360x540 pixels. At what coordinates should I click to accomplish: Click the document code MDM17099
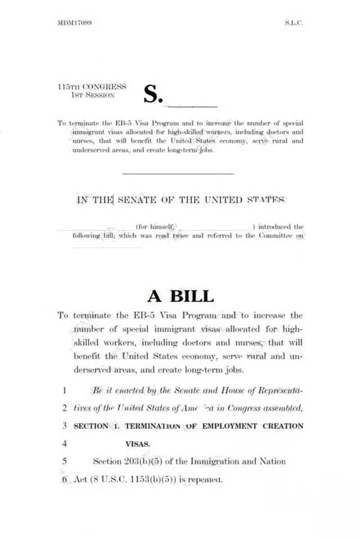point(74,23)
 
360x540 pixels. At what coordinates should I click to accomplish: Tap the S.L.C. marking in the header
point(294,23)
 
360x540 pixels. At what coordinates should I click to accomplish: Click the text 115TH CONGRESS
point(92,87)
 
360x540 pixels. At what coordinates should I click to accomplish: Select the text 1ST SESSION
point(92,95)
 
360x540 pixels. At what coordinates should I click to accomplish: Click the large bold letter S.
point(153,94)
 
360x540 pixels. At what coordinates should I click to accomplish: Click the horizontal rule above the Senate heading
point(178,174)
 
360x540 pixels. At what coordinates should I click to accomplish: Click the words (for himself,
point(156,227)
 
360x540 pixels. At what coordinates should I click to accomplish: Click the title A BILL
point(180,296)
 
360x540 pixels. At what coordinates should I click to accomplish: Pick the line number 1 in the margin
point(65,390)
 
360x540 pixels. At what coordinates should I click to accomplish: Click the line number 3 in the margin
point(65,426)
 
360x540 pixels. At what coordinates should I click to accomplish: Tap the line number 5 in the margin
point(65,461)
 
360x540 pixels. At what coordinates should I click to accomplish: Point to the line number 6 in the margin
point(65,479)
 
